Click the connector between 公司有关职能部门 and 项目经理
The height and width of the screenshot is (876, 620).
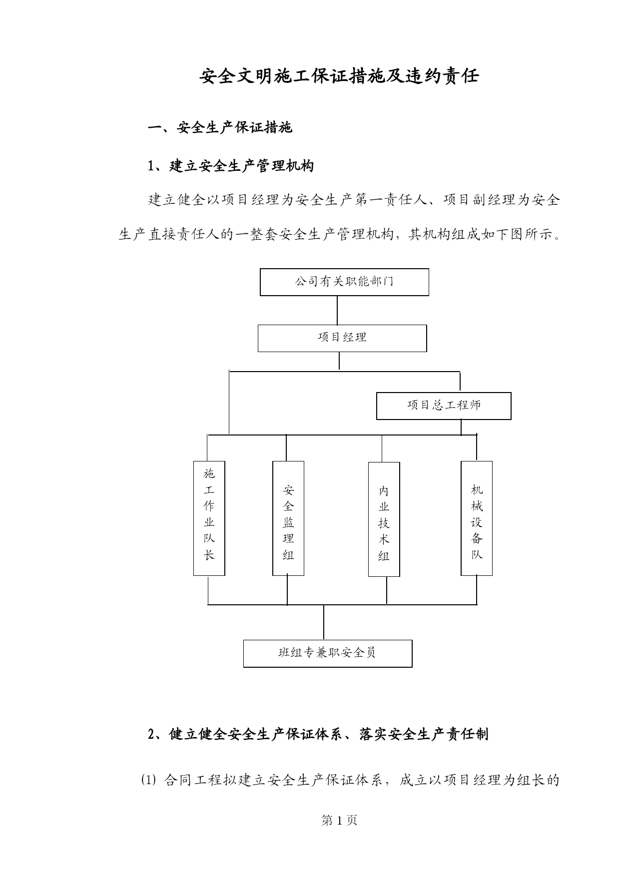[337, 310]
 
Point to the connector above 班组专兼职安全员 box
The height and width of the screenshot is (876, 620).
[324, 622]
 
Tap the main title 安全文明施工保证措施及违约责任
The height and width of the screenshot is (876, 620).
[339, 76]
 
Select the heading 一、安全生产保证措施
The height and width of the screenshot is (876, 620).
[220, 128]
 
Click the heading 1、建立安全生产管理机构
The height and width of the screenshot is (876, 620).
[231, 166]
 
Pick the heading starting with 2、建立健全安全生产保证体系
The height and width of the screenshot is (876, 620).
[318, 734]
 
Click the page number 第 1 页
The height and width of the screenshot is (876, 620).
[339, 820]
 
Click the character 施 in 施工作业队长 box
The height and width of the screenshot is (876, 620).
[209, 473]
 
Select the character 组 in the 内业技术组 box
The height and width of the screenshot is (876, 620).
[384, 556]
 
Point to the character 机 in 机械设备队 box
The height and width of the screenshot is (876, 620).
[477, 489]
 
